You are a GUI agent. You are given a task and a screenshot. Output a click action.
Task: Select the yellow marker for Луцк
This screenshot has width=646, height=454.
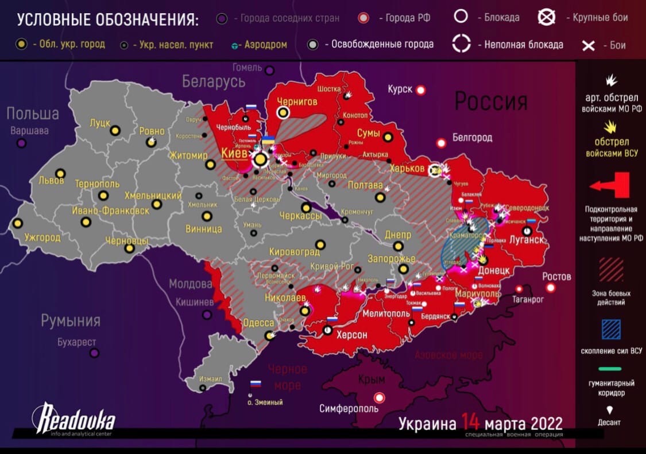tap(115, 130)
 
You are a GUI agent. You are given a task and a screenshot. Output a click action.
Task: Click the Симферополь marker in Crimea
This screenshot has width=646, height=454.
tap(379, 397)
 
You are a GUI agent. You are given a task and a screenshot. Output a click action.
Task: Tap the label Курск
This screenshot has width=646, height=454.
tap(400, 90)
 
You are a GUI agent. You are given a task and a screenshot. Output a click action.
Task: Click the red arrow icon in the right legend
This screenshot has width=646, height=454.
tap(610, 186)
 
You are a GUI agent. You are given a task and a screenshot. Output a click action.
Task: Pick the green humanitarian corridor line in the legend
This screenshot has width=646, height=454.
tap(610, 369)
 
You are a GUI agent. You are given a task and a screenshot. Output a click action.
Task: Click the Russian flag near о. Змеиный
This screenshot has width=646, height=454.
tap(256, 383)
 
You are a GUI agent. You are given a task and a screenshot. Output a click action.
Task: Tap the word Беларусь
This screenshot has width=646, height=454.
tap(214, 81)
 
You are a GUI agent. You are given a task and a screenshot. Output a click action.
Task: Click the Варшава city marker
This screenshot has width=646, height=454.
tap(22, 142)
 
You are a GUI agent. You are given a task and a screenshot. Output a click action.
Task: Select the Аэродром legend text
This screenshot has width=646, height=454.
tap(266, 45)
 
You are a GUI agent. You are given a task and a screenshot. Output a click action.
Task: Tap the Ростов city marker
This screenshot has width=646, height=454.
tap(551, 288)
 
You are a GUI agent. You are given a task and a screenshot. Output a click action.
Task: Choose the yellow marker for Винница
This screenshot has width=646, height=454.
tap(207, 216)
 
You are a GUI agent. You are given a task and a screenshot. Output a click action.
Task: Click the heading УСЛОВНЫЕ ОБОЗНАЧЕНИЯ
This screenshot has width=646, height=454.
tap(107, 19)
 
